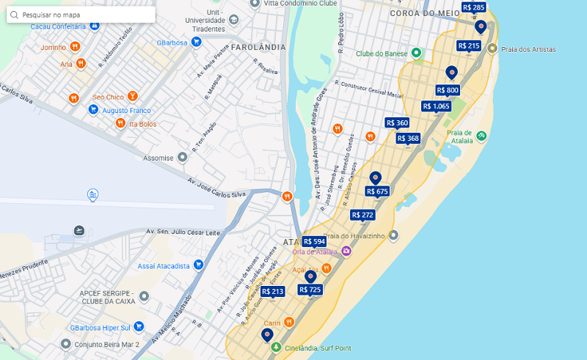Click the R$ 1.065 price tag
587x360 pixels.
pos(437,106)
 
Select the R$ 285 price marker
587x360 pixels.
pos(473,7)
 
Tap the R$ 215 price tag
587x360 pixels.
pos(468,45)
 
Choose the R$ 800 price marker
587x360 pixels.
pos(448,90)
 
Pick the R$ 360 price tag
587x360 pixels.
pos(397,122)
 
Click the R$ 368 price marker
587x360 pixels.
pos(408,138)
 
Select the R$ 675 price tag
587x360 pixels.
pos(377,191)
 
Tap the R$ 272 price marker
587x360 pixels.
pos(362,215)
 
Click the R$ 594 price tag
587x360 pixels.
pos(314,241)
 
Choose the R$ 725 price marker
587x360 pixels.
pos(310,290)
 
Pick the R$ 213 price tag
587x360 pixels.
pos(272,291)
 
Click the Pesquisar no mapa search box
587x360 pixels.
pos(81,15)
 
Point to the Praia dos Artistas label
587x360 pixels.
pos(528,50)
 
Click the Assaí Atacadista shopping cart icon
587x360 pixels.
pos(198,265)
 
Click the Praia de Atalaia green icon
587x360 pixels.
pos(481,135)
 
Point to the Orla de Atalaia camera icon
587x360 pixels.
pos(346,251)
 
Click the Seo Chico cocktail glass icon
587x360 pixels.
pos(132,96)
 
